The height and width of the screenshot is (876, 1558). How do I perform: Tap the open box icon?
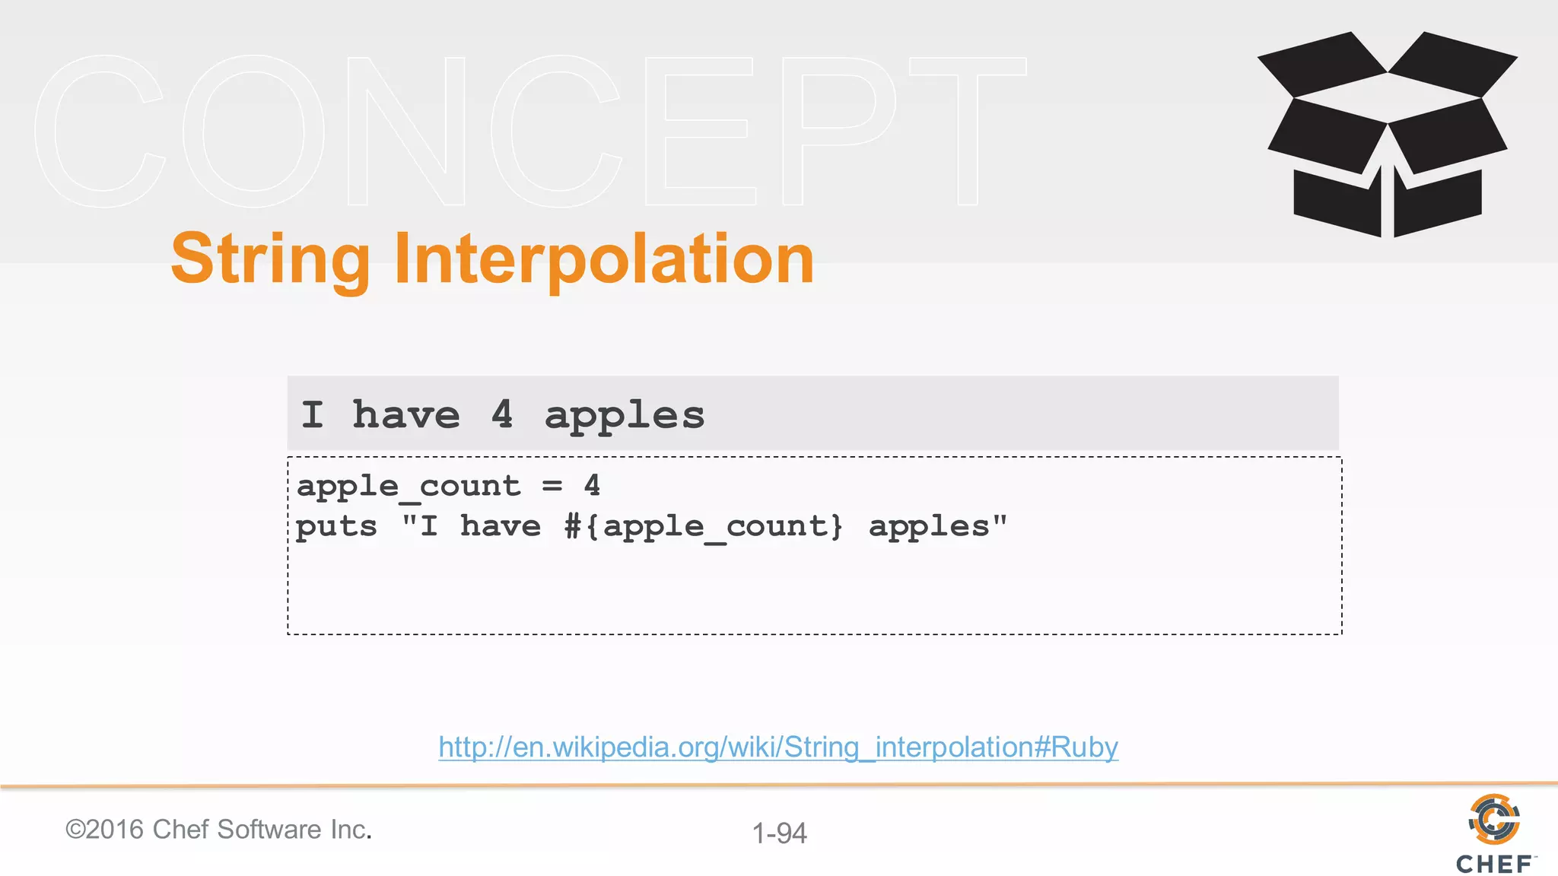1387,135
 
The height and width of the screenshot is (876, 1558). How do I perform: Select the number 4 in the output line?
502,415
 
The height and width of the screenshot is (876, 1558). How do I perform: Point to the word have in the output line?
406,415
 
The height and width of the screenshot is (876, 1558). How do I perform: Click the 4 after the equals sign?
592,486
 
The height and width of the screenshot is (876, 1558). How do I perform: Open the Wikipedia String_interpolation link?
777,747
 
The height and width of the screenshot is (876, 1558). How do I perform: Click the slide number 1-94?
779,833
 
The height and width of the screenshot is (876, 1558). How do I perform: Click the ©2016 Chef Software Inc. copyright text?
218,830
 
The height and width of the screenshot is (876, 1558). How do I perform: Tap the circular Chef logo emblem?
1493,819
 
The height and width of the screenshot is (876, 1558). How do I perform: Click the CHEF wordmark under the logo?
1494,865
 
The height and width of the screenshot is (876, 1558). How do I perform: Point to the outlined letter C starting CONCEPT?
99,131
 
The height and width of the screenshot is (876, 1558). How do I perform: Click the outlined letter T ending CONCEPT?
967,131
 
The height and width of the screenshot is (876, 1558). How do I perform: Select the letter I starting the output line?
312,415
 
